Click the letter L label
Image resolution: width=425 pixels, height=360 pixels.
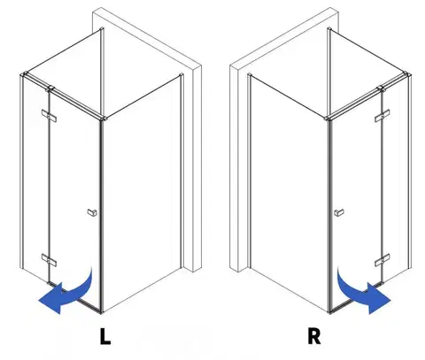coord(105,336)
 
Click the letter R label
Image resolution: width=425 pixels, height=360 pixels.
coord(314,336)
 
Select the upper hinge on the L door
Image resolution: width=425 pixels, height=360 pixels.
coord(49,115)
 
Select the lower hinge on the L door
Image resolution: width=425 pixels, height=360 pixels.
coord(49,259)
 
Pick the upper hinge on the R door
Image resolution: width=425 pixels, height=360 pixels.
coord(382,115)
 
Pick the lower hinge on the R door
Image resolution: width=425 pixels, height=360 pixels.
coord(382,260)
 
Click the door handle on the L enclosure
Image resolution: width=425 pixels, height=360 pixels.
coord(92,212)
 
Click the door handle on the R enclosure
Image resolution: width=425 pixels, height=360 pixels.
coord(339,212)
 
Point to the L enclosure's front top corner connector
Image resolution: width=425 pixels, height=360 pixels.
coord(103,119)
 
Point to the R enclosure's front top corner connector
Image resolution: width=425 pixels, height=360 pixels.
coord(328,119)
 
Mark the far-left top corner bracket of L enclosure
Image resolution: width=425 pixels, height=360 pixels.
coord(24,74)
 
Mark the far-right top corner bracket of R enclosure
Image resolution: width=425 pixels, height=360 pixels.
coord(407,74)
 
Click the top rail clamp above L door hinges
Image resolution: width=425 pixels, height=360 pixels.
coord(50,88)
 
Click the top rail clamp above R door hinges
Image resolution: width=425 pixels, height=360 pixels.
coord(381,88)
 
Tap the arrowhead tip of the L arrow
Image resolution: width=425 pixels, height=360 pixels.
coord(39,300)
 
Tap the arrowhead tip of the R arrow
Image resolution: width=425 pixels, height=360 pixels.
coord(390,301)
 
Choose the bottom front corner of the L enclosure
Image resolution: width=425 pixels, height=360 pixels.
coord(102,312)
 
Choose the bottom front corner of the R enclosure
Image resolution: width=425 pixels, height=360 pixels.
coord(329,312)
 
